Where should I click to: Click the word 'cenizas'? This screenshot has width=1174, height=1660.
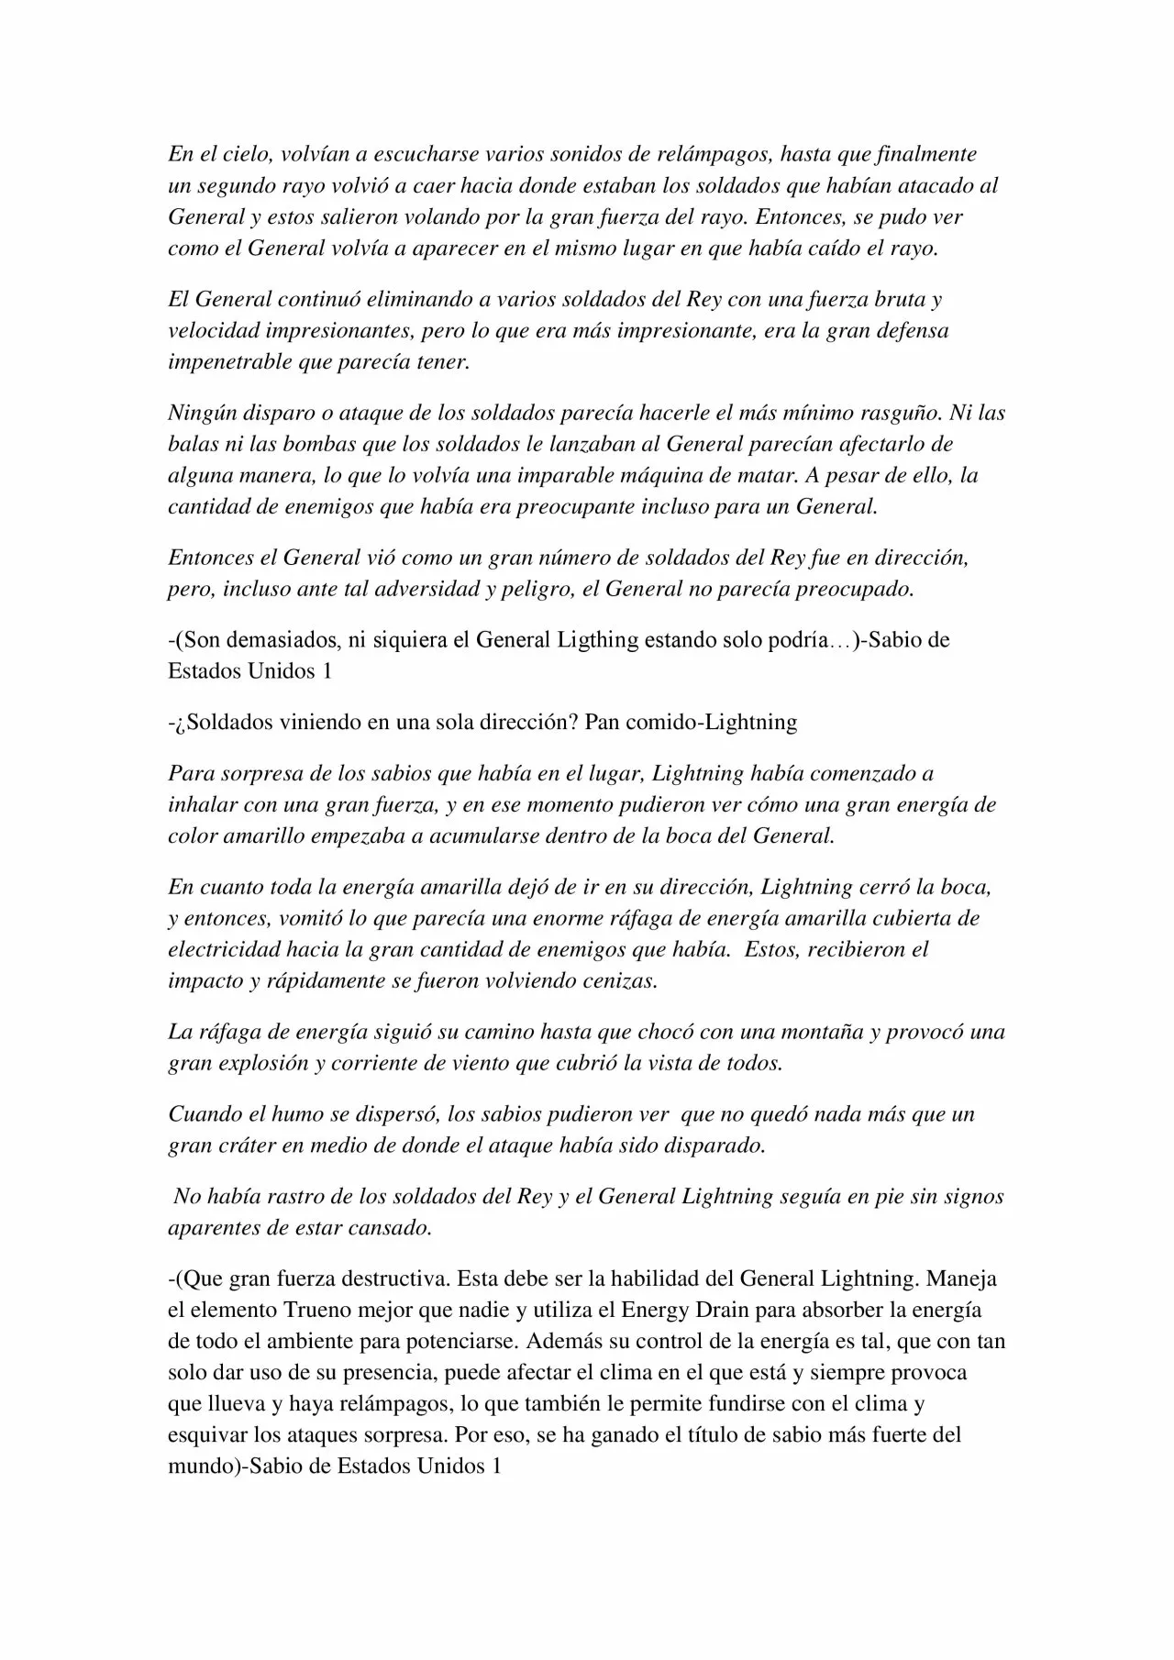(619, 980)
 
